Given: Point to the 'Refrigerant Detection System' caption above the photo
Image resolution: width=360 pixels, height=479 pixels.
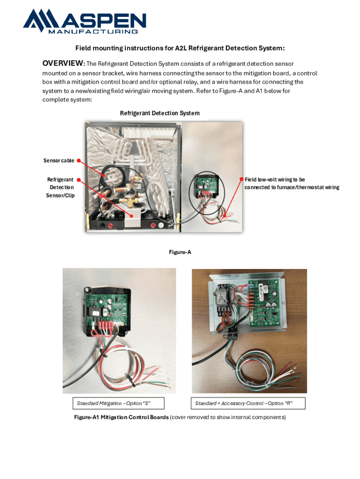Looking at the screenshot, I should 159,113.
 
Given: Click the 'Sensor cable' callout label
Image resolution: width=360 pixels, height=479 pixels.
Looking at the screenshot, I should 59,160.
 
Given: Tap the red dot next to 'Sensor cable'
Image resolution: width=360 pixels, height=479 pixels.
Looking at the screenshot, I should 79,160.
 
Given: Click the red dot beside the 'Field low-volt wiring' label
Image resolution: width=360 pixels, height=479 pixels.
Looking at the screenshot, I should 241,180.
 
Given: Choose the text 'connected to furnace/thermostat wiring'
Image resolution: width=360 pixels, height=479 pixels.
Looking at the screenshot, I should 292,188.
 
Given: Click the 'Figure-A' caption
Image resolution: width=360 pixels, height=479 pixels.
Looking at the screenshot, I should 180,252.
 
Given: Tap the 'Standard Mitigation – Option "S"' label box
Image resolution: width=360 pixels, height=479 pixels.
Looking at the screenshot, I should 114,403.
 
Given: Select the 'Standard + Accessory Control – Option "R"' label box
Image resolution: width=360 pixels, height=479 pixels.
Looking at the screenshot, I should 248,403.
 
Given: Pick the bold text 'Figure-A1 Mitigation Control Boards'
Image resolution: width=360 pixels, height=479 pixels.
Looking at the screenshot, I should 121,417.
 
